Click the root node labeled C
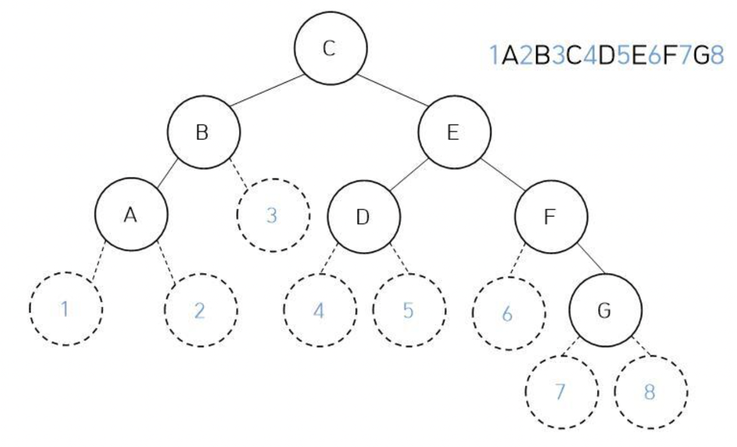coord(331,48)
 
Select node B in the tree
coord(204,132)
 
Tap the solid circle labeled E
coord(454,132)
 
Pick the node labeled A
coord(132,214)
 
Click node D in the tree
coord(364,216)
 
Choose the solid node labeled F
coord(551,216)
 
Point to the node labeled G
coord(605,310)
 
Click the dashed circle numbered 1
coord(66,309)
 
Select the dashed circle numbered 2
coord(201,310)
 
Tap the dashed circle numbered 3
coord(273,215)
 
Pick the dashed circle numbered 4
coord(320,310)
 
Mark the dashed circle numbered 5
coord(409,310)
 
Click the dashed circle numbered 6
coord(509,313)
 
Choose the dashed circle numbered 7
coord(562,392)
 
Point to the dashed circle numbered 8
coord(651,392)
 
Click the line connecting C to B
coord(267,90)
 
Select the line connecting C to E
coord(393,90)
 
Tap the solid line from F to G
coord(591,259)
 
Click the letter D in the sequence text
coord(607,55)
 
